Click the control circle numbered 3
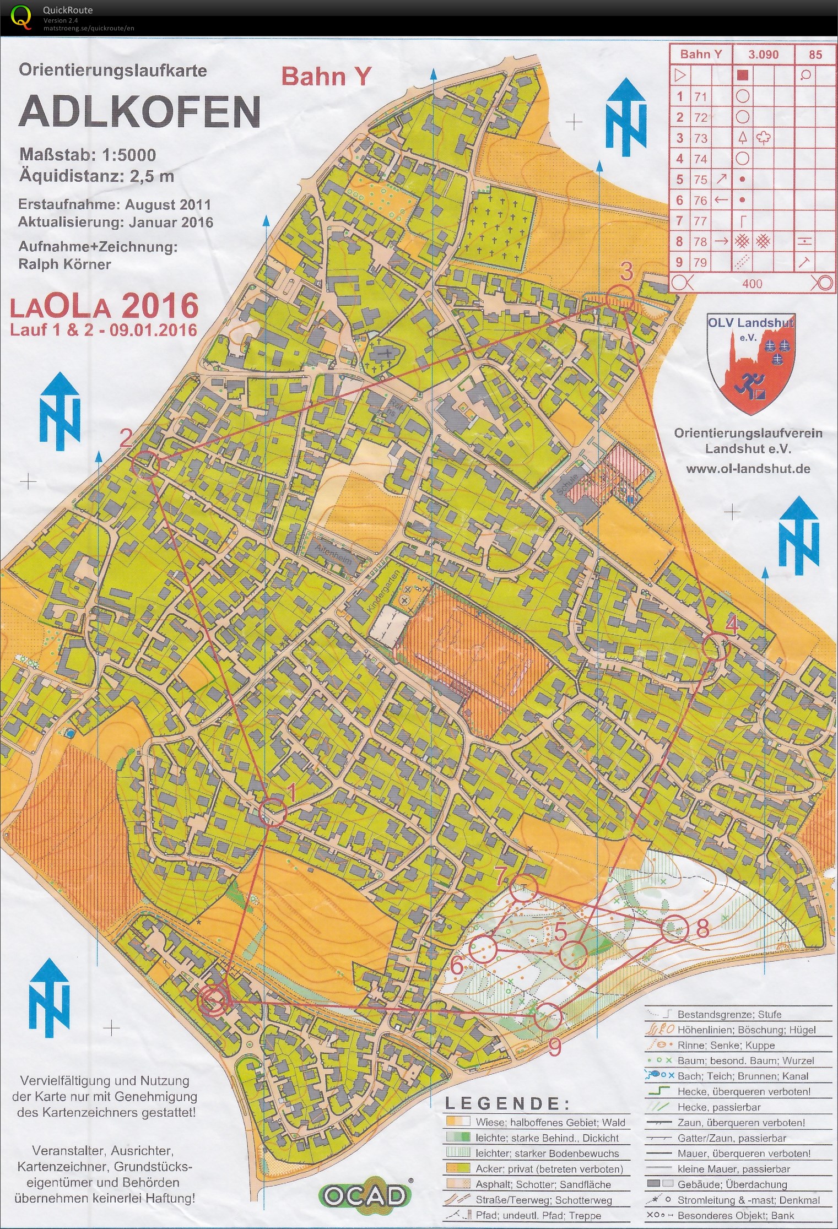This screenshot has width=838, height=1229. pyautogui.click(x=619, y=299)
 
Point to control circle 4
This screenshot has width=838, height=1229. pyautogui.click(x=717, y=646)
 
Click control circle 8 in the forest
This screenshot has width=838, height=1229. pyautogui.click(x=674, y=929)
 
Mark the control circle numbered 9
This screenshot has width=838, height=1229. pyautogui.click(x=548, y=1016)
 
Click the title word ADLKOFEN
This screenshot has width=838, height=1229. pyautogui.click(x=139, y=111)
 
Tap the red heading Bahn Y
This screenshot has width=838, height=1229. pyautogui.click(x=326, y=77)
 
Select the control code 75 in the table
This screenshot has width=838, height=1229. pyautogui.click(x=700, y=180)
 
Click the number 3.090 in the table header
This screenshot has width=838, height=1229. pyautogui.click(x=763, y=55)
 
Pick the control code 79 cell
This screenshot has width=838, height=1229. pyautogui.click(x=700, y=262)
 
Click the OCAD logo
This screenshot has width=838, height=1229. pyautogui.click(x=365, y=1195)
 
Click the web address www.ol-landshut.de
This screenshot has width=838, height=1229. pyautogui.click(x=748, y=469)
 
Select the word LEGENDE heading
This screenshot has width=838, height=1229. pyautogui.click(x=507, y=1103)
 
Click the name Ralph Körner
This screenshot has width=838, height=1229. pyautogui.click(x=64, y=264)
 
